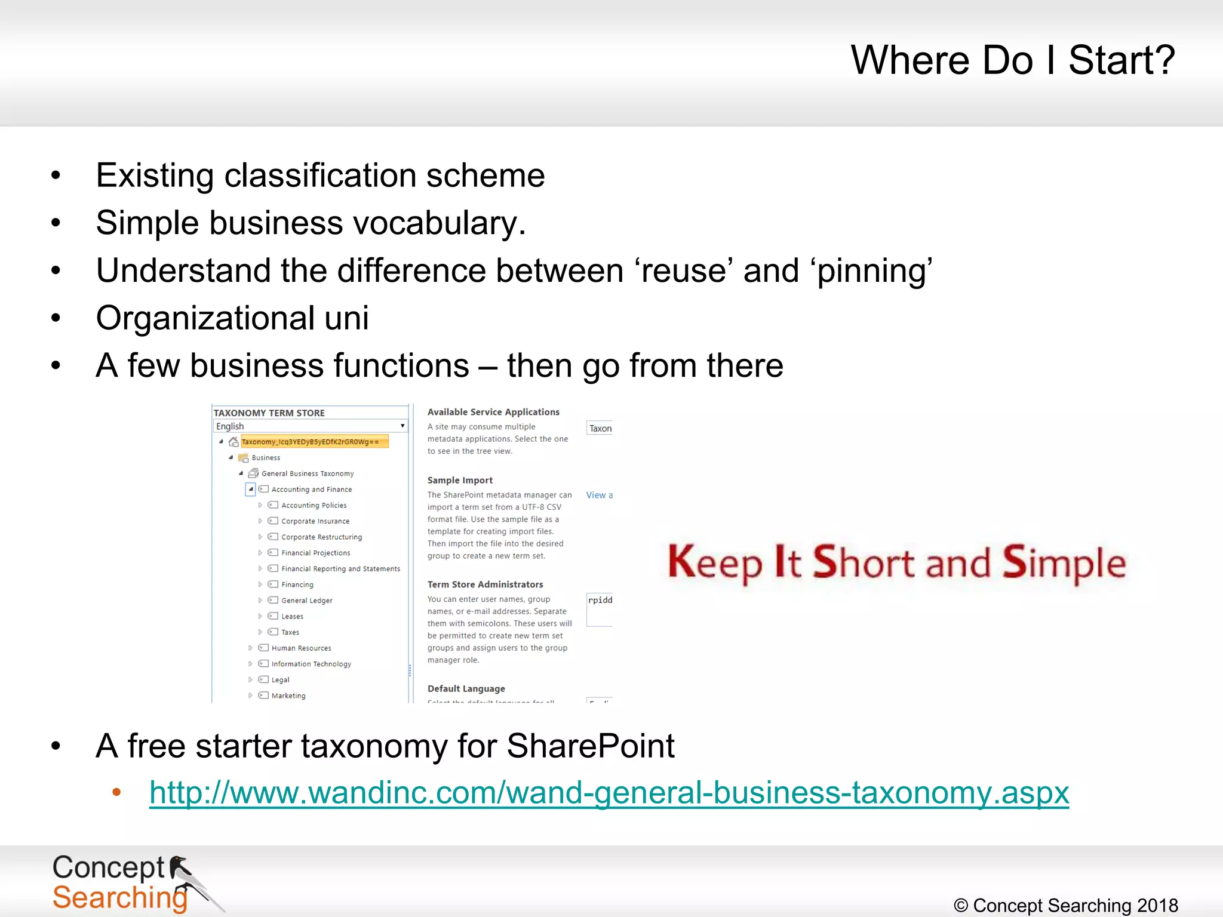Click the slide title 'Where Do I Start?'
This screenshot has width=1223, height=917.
coord(1012,60)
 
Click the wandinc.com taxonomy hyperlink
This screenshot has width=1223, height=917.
coord(609,793)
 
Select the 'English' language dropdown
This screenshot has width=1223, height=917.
coord(310,426)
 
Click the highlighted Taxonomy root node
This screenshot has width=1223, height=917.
coord(314,442)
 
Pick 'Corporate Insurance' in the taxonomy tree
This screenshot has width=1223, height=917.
coord(315,521)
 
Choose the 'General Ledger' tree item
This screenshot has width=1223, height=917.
coord(307,601)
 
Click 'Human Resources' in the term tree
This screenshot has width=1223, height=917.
coord(301,648)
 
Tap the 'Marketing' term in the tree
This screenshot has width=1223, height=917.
coord(288,696)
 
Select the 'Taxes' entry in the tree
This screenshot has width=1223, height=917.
coord(290,632)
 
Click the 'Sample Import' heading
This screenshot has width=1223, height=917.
coord(460,480)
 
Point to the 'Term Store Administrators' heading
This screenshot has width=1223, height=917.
coord(485,584)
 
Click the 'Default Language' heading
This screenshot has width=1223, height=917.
coord(466,689)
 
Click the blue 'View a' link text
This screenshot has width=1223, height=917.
coord(599,495)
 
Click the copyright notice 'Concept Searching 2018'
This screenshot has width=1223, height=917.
coord(1066,905)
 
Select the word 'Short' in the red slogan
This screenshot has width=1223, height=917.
coord(863,562)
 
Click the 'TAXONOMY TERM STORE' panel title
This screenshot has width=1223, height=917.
coord(269,413)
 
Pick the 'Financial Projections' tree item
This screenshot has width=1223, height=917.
coord(316,553)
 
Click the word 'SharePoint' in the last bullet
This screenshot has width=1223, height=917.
coord(590,746)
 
